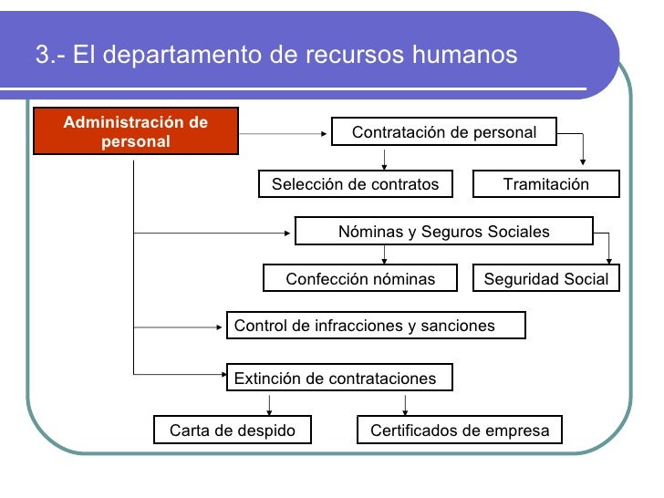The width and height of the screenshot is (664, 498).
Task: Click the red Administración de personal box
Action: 136,131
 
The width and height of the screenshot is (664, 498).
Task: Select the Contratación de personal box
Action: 444,132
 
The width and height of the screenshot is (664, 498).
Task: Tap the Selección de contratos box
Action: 355,184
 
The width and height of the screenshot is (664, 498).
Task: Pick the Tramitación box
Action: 545,184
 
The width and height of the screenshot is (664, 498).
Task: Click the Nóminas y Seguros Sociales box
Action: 443,231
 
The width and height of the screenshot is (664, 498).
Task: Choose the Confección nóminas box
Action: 360,278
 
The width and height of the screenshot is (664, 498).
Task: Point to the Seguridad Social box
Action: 545,278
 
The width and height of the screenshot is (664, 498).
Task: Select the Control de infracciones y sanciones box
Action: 376,326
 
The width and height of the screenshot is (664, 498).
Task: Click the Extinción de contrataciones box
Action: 338,378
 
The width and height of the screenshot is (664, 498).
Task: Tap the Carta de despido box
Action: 233,430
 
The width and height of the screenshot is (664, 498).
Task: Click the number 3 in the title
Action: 42,56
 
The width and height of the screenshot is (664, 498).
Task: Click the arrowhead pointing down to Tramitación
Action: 584,165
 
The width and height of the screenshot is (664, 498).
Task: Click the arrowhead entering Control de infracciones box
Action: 223,326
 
